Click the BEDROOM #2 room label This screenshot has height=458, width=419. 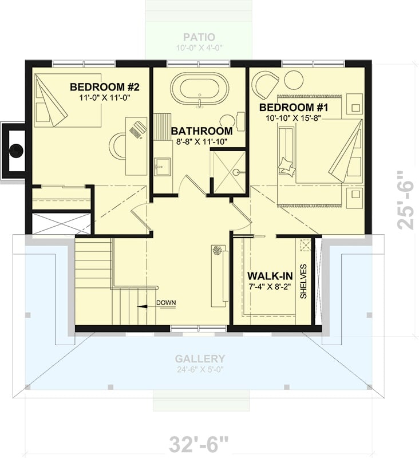(x=105, y=87)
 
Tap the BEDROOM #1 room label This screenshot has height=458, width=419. (x=292, y=108)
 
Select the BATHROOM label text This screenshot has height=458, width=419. (x=201, y=131)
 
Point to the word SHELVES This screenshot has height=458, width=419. (x=304, y=281)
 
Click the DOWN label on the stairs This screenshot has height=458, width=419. (x=165, y=303)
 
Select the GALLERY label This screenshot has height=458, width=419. (x=200, y=359)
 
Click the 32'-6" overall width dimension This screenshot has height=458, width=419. (x=199, y=444)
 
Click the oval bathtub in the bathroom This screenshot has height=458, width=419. (x=199, y=88)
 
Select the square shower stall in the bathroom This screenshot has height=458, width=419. (x=228, y=171)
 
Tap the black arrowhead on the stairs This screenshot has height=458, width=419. (x=141, y=306)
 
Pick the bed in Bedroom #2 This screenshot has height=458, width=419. (x=68, y=101)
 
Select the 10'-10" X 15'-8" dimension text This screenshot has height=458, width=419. (x=292, y=118)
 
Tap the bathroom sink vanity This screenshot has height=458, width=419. (x=163, y=167)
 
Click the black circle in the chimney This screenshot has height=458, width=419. (x=15, y=151)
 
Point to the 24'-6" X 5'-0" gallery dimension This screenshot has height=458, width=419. (x=200, y=369)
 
